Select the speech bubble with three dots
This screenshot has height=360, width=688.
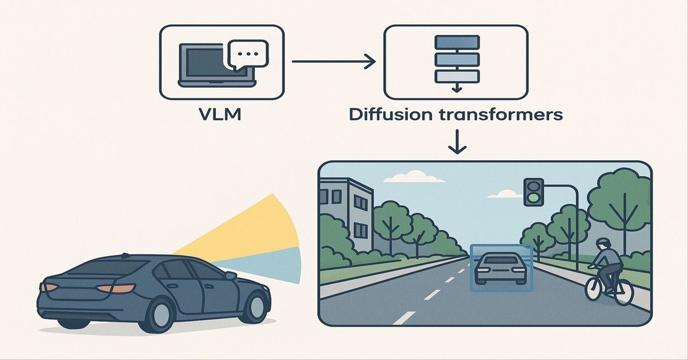pyautogui.click(x=248, y=54)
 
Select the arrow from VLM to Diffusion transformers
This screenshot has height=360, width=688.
pyautogui.click(x=333, y=61)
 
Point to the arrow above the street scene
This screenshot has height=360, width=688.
pyautogui.click(x=457, y=142)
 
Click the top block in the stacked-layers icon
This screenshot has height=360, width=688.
pyautogui.click(x=456, y=41)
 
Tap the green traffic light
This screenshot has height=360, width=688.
pyautogui.click(x=533, y=198)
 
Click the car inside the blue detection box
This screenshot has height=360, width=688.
pyautogui.click(x=501, y=268)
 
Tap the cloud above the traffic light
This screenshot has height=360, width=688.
pyautogui.click(x=507, y=193)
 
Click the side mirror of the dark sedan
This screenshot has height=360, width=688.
pyautogui.click(x=230, y=275)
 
